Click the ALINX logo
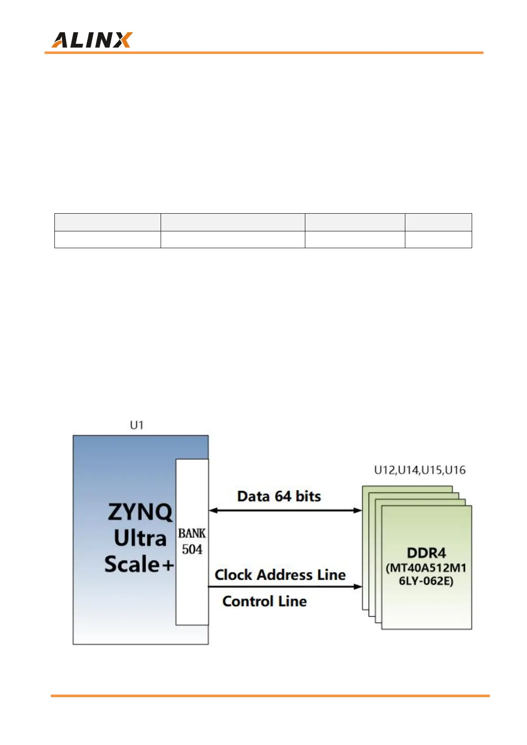[92, 40]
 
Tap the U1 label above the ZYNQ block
[137, 425]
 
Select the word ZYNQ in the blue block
[140, 512]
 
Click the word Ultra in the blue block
[140, 538]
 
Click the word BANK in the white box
[192, 534]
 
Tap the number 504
[192, 549]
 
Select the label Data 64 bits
[279, 496]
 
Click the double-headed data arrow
[285, 511]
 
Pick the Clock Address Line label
[280, 575]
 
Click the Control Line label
[265, 601]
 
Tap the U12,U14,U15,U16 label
[420, 470]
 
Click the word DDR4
[427, 553]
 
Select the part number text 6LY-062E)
[426, 581]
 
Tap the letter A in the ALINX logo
[60, 40]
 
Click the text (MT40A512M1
[426, 568]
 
